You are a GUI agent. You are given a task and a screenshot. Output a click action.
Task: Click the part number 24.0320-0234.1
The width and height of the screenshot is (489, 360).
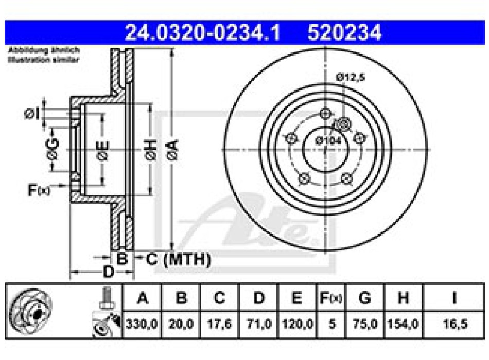pos(203,33)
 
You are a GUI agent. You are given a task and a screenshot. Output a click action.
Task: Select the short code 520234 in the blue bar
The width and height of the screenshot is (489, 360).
pos(344,33)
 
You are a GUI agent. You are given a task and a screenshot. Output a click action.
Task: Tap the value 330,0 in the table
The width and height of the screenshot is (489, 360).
pos(142,325)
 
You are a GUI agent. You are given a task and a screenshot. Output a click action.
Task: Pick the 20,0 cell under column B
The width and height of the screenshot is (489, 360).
pos(180,325)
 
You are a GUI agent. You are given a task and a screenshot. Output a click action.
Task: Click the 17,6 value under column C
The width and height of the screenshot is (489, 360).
pos(219,325)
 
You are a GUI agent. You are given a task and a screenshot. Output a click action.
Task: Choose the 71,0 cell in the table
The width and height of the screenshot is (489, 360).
pos(259,325)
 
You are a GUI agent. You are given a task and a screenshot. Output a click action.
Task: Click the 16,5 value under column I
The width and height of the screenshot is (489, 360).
pos(455,325)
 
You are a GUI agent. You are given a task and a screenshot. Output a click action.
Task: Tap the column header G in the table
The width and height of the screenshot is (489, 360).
pos(364,298)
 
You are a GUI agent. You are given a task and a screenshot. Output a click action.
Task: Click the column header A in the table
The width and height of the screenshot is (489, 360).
pos(142,298)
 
